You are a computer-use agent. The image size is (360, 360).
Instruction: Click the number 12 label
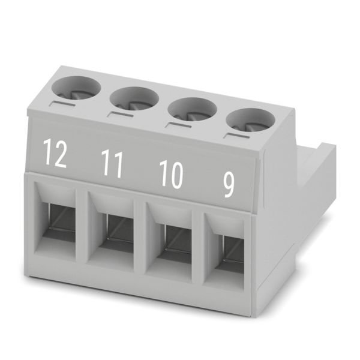pyautogui.click(x=55, y=152)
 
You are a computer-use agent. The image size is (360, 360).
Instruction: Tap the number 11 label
pyautogui.click(x=112, y=163)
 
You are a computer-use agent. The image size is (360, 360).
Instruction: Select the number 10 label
pyautogui.click(x=171, y=174)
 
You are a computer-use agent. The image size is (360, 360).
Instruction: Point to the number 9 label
pyautogui.click(x=229, y=185)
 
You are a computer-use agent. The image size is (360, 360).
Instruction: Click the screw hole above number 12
pyautogui.click(x=76, y=88)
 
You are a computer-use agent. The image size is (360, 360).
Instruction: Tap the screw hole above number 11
pyautogui.click(x=134, y=99)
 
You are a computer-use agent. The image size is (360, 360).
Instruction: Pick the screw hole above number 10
pyautogui.click(x=193, y=110)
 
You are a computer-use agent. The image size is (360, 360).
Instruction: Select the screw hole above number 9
pyautogui.click(x=250, y=121)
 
